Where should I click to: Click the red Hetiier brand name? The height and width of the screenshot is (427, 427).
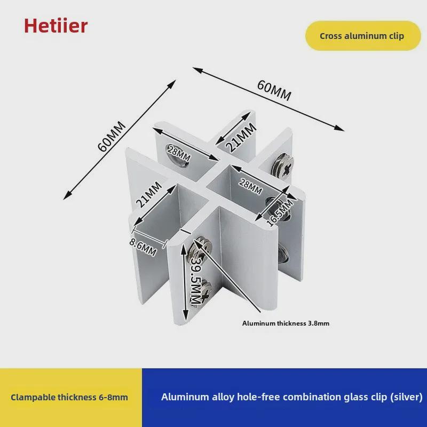click(56, 25)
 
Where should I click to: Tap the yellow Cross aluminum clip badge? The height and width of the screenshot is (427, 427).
click(362, 36)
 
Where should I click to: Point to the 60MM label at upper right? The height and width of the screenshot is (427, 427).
click(274, 90)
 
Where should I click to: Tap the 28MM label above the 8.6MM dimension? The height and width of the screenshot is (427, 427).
click(178, 155)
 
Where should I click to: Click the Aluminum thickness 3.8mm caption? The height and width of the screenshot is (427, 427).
click(289, 323)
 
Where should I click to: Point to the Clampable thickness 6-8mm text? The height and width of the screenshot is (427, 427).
click(69, 397)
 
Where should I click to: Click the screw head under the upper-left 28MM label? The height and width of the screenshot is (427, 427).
click(178, 160)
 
